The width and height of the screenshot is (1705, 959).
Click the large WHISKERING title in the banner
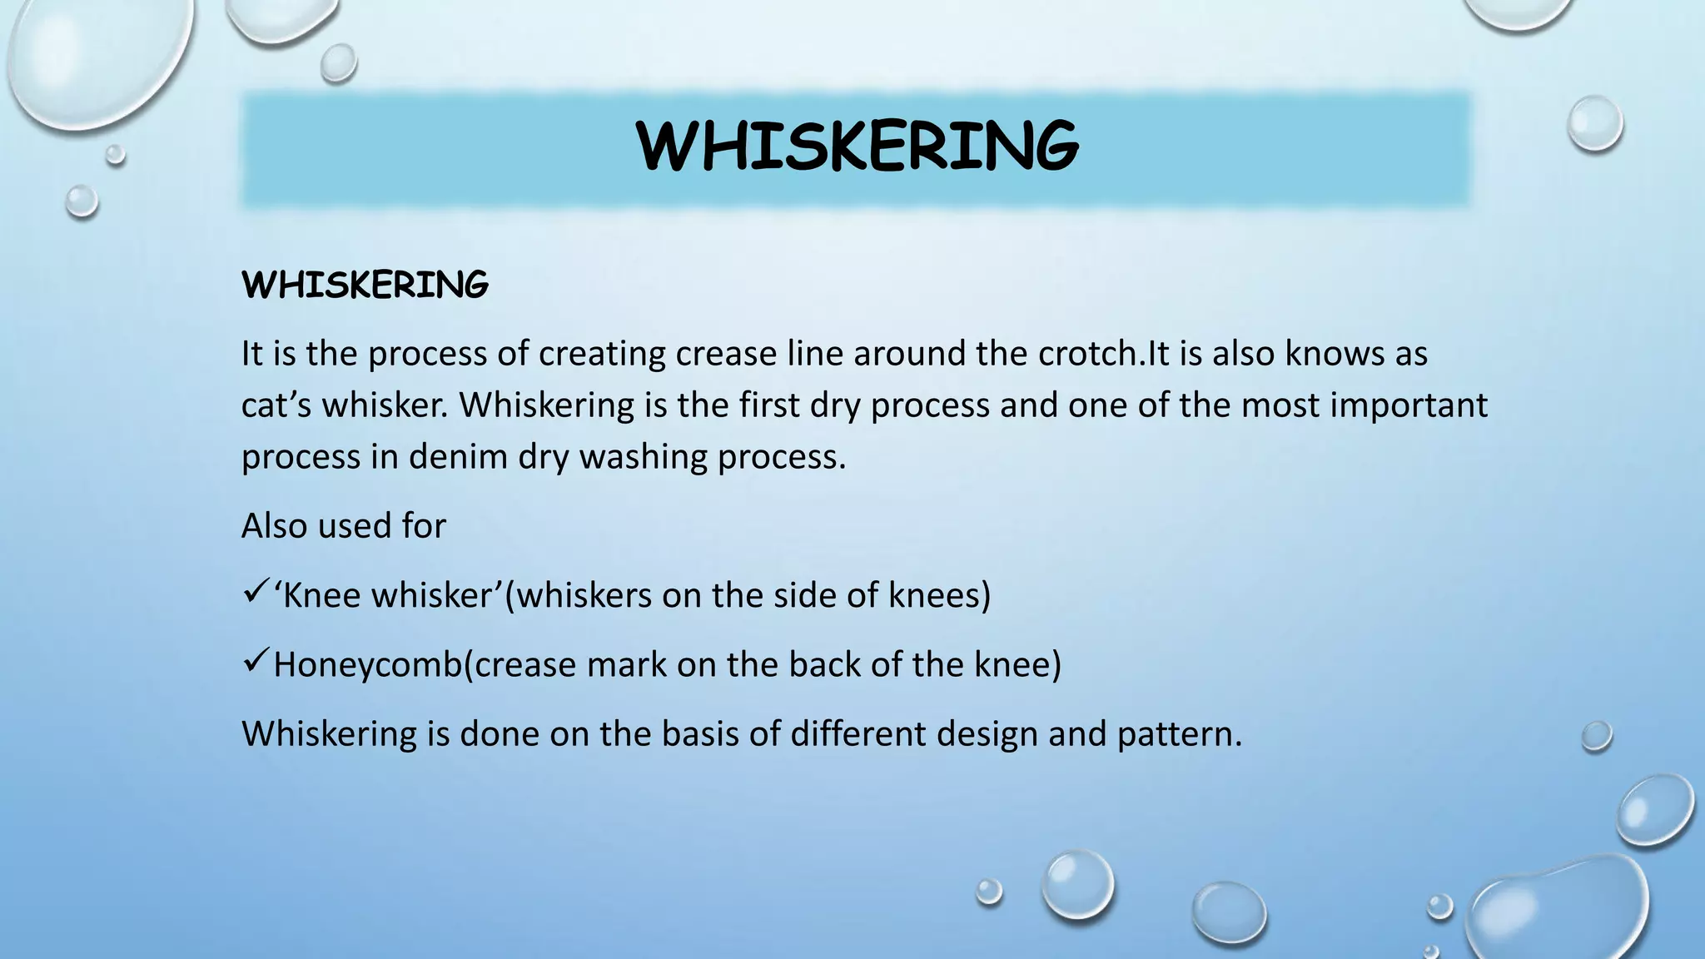[x=857, y=147]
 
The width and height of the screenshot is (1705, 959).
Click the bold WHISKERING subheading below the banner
[x=365, y=286]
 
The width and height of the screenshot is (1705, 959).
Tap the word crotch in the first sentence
[x=1087, y=354]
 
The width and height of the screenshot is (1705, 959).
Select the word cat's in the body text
[x=276, y=405]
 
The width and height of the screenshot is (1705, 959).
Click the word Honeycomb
[x=367, y=665]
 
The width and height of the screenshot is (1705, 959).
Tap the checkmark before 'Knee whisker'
[x=254, y=594]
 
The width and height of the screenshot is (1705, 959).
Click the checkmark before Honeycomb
[x=254, y=663]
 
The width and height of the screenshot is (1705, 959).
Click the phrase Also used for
[x=343, y=526]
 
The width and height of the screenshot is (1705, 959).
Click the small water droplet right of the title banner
[x=1595, y=123]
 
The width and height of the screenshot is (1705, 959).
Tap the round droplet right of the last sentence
[x=1596, y=737]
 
